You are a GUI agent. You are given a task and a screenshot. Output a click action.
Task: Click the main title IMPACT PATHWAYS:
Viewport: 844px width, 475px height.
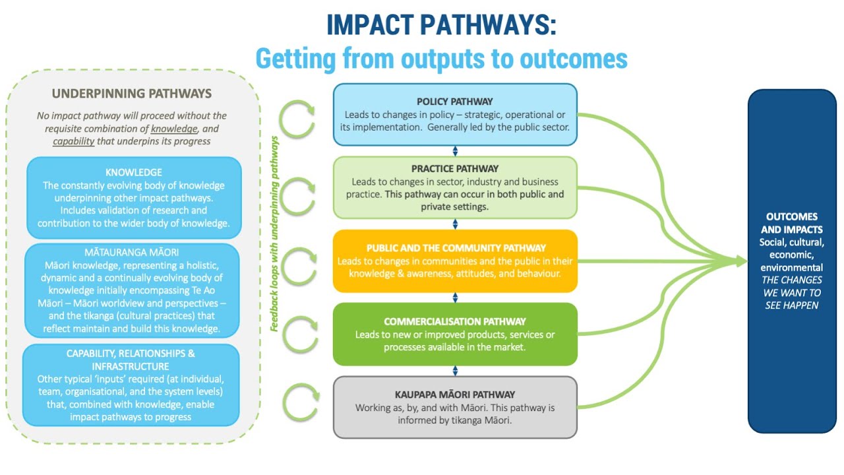[x=441, y=24]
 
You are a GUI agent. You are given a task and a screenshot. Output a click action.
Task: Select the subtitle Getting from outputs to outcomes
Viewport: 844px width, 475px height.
[x=441, y=59]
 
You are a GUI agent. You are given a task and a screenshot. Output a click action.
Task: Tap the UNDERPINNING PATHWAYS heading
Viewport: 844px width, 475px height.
[x=132, y=94]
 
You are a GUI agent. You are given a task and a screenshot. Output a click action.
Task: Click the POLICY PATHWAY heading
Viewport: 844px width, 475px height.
[x=454, y=102]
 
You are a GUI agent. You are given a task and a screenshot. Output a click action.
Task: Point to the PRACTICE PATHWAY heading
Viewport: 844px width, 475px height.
[x=454, y=169]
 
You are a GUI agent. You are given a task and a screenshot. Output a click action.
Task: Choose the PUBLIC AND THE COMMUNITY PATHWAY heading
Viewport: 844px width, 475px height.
[x=456, y=248]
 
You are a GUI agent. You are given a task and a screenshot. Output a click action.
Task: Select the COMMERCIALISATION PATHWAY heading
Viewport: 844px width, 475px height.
[x=454, y=321]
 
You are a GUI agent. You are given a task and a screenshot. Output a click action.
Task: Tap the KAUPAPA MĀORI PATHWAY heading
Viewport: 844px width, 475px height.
[x=454, y=395]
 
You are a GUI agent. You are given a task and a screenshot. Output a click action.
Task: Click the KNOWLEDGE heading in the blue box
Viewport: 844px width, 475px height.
[x=134, y=172]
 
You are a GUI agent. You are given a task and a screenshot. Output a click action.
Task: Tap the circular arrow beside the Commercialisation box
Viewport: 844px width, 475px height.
[x=301, y=334]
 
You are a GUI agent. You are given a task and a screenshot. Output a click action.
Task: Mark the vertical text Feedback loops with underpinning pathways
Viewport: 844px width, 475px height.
[x=275, y=234]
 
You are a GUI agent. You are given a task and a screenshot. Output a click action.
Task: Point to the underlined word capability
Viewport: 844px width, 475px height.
[x=73, y=141]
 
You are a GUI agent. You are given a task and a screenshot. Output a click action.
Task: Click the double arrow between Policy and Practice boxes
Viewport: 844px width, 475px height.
[x=455, y=151]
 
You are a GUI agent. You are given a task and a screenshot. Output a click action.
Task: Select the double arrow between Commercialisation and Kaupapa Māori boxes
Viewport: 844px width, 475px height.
[x=455, y=371]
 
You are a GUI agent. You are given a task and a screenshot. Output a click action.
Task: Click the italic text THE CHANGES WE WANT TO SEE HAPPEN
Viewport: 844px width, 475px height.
[x=791, y=292]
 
